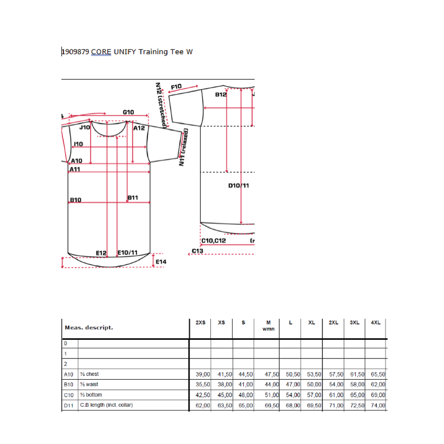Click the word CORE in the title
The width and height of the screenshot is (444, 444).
[x=101, y=52]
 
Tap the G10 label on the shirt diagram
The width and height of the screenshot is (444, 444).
[x=128, y=112]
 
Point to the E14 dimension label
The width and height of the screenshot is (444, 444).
[x=161, y=262]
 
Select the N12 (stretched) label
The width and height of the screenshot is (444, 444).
[x=161, y=105]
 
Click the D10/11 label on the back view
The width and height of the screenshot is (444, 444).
[x=238, y=185]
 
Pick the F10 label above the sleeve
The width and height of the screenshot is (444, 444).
[x=176, y=87]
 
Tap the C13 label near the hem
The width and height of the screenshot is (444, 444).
[x=197, y=251]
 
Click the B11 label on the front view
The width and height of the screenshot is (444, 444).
[x=133, y=197]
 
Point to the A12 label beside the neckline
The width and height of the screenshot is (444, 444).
[x=139, y=128]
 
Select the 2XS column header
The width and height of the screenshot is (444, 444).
[x=200, y=322]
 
